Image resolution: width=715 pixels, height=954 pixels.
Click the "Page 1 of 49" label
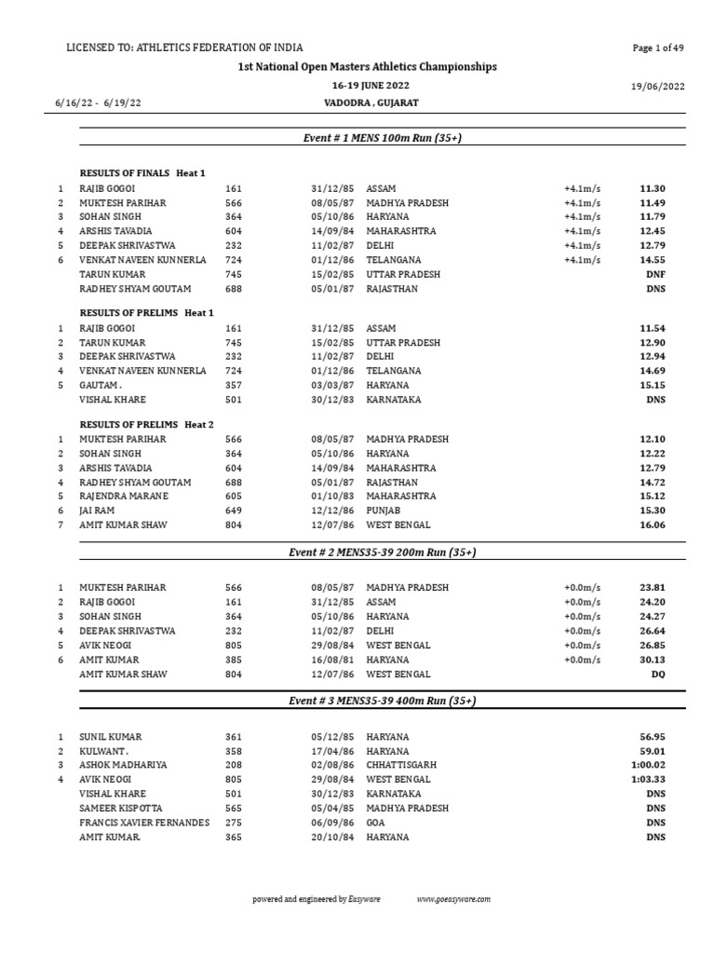click(x=658, y=48)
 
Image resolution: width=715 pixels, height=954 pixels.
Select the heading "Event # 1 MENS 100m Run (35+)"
click(x=382, y=139)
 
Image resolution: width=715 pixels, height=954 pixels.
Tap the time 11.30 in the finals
click(x=653, y=188)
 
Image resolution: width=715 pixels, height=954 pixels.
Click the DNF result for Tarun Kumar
click(x=655, y=275)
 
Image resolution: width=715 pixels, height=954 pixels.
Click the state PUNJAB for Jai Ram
click(x=384, y=511)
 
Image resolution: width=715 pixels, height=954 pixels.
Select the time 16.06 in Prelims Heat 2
click(x=653, y=525)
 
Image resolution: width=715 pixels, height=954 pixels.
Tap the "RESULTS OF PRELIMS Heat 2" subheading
click(x=147, y=425)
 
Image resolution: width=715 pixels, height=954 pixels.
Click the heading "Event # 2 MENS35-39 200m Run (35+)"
click(x=382, y=552)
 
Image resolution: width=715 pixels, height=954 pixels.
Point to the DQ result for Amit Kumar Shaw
click(x=657, y=674)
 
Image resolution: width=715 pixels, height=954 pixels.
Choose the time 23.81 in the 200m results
click(x=653, y=588)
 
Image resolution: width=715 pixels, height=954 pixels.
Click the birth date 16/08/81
click(x=332, y=660)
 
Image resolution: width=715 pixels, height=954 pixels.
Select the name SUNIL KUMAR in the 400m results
click(x=110, y=737)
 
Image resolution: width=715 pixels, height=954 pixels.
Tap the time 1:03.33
click(x=648, y=780)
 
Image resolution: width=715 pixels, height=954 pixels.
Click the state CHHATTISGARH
click(x=401, y=765)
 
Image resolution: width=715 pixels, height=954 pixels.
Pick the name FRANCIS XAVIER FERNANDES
click(x=144, y=823)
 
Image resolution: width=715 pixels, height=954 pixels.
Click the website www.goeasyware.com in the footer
click(x=453, y=899)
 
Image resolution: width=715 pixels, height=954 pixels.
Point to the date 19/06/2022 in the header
click(x=657, y=87)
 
